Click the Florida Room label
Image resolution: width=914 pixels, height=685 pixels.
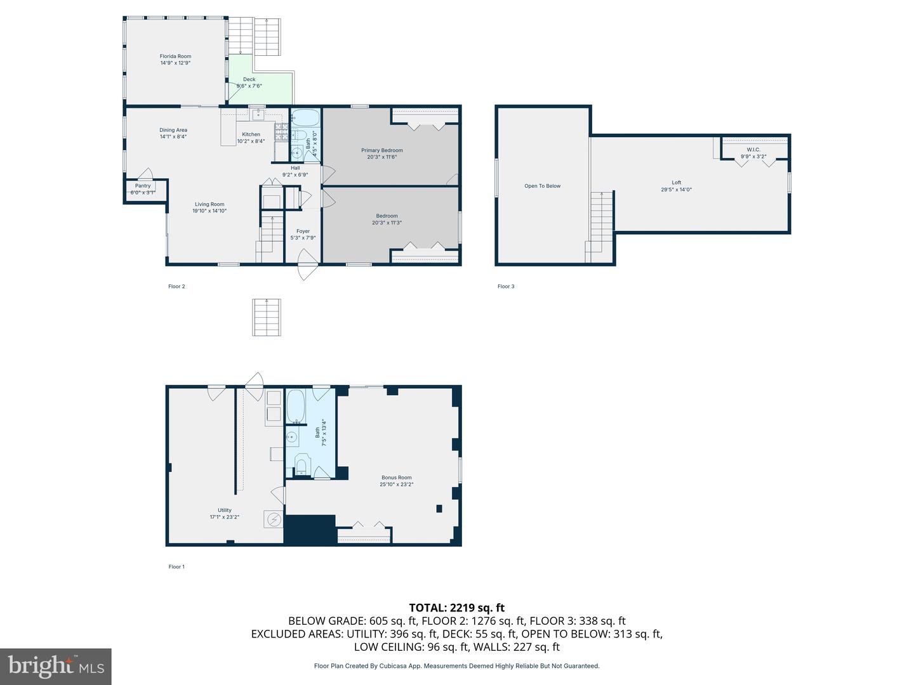[175, 56]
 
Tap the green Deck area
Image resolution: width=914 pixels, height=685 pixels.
[260, 88]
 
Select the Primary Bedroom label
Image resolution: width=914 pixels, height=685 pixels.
[382, 150]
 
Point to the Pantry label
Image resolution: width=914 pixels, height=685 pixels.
[143, 186]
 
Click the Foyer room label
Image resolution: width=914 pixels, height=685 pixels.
[303, 232]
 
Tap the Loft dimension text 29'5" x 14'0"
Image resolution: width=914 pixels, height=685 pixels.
[676, 190]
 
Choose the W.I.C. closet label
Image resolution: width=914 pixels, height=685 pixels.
[753, 150]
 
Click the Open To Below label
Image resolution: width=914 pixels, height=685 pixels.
[542, 186]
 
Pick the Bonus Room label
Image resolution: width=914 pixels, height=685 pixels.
[397, 478]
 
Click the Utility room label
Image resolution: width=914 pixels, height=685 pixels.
[225, 510]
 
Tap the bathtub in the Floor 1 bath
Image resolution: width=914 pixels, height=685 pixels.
[296, 406]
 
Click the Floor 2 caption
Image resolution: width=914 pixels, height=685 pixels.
[176, 286]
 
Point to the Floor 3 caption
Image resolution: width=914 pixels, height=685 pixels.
[506, 286]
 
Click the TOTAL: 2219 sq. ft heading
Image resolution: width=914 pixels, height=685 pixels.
[457, 608]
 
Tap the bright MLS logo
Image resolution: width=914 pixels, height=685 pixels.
[56, 666]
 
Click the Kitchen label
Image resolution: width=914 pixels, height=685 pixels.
[251, 134]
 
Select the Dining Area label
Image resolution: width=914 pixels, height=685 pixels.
[173, 130]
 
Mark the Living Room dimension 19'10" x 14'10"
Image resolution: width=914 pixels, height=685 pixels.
[209, 211]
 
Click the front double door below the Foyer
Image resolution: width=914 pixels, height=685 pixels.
[308, 264]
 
